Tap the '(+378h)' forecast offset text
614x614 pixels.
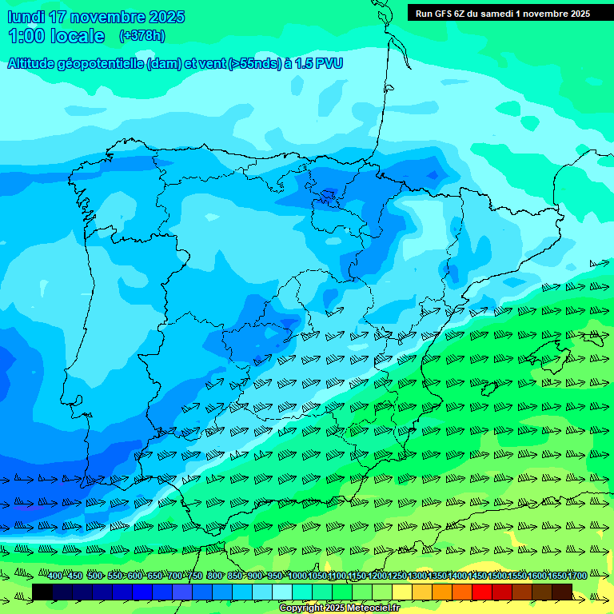coord(142,35)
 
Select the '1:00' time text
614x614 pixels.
coord(26,36)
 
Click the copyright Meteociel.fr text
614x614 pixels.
coord(339,608)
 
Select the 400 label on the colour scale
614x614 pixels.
coord(55,576)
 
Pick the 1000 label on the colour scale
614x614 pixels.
coord(297,576)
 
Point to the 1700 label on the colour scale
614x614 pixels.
coord(578,576)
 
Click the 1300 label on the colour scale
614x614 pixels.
coord(417,576)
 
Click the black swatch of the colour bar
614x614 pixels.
coord(42,592)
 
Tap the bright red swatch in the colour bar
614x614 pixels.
coord(482,592)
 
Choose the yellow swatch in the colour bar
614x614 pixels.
coord(402,592)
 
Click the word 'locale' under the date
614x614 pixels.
coord(78,36)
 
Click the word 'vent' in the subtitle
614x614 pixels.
coord(210,64)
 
